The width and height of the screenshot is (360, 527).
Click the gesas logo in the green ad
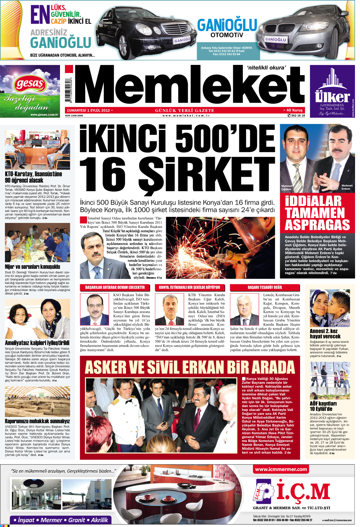point(30,84)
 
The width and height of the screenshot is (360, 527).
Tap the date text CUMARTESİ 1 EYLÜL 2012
point(89,110)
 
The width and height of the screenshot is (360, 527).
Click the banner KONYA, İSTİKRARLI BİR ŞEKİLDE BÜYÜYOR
point(189,287)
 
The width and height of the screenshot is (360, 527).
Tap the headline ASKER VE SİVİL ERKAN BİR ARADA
point(190,367)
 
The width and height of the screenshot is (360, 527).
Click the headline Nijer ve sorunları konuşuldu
point(32,267)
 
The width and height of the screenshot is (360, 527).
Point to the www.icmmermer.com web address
point(281,469)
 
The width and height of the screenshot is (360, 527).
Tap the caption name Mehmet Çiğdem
point(287,188)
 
